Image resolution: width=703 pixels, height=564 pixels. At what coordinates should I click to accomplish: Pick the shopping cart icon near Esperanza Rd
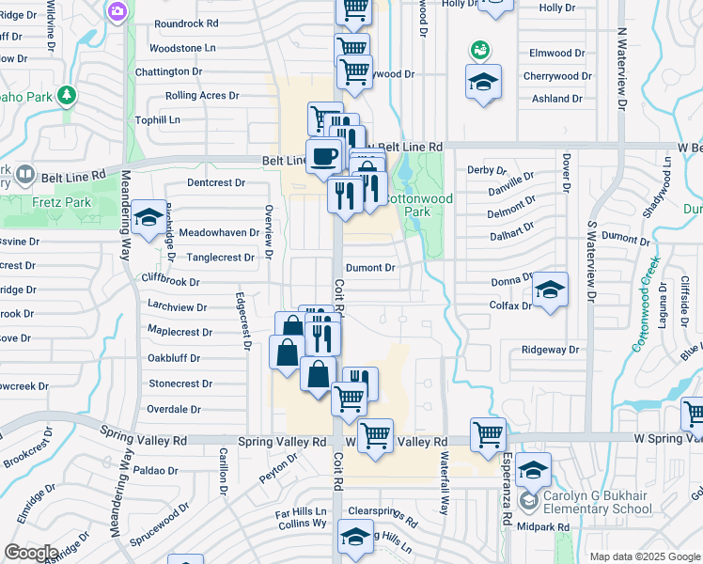click(x=489, y=434)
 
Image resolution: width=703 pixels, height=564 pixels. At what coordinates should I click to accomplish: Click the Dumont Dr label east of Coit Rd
click(x=370, y=268)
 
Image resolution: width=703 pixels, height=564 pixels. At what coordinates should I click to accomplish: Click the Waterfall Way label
click(x=444, y=483)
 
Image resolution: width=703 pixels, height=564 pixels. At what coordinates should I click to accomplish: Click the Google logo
click(x=31, y=553)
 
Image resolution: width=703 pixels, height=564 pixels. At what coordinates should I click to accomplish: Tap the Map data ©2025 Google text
click(x=644, y=556)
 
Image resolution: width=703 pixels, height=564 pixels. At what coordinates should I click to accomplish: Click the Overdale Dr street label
click(x=175, y=410)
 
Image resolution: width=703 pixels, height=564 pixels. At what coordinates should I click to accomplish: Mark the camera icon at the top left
click(x=118, y=10)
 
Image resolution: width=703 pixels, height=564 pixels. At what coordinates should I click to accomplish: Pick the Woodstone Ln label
click(x=182, y=47)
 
